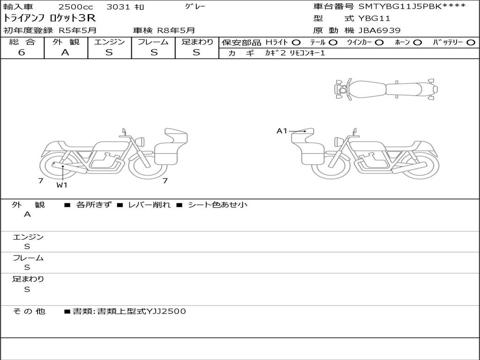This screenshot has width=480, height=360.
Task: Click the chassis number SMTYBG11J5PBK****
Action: [412, 6]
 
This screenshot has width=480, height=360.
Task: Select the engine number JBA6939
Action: [379, 30]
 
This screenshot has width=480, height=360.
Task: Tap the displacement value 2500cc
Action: [75, 7]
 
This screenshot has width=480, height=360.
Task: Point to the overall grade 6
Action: [22, 52]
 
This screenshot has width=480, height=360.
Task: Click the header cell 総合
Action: [22, 42]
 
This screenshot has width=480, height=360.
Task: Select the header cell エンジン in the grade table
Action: [109, 42]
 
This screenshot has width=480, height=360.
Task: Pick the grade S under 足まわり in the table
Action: [196, 52]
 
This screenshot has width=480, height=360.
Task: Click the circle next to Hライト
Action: [296, 43]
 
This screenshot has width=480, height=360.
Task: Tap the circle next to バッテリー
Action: [471, 43]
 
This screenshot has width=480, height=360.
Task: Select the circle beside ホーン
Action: [418, 43]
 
